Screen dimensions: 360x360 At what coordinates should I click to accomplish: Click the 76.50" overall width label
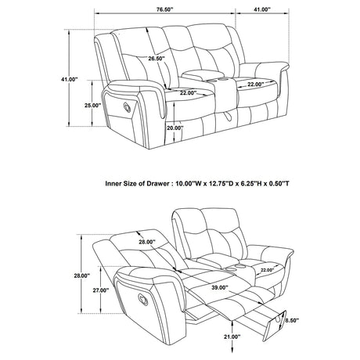165,10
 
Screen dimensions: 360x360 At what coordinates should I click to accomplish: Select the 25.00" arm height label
92,105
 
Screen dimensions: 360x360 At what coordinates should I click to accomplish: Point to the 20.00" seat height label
174,128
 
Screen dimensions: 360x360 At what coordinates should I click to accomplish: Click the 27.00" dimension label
99,289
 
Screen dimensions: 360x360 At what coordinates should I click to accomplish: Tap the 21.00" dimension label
232,337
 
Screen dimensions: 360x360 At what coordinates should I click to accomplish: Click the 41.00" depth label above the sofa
261,10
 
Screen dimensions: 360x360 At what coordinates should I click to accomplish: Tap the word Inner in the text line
114,183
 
